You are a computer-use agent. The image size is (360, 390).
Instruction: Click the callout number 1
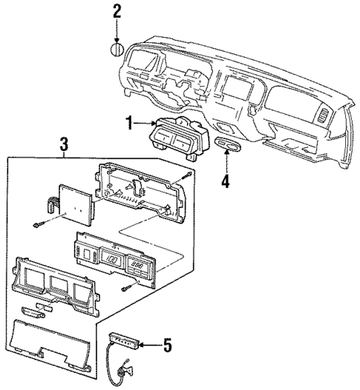click(129, 123)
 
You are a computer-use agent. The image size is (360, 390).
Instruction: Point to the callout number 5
click(168, 345)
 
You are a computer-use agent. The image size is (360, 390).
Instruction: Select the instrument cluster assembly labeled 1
click(175, 137)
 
